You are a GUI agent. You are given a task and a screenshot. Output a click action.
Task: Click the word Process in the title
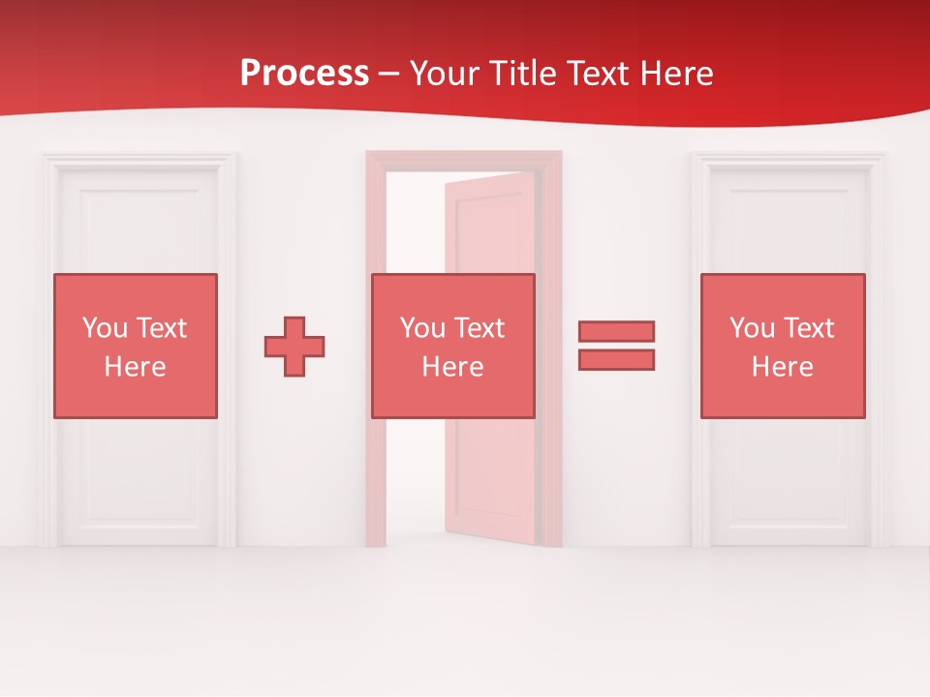coord(304,74)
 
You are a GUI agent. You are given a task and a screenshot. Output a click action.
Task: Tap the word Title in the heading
coord(519,74)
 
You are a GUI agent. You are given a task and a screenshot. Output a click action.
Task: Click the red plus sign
coord(294,347)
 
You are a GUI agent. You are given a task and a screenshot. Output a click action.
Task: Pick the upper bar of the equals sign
coord(616,331)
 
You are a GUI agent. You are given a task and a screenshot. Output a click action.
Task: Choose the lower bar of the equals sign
coord(616,360)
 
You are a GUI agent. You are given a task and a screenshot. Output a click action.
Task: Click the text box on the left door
coord(136,346)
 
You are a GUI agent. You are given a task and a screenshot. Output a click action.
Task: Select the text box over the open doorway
coord(453,346)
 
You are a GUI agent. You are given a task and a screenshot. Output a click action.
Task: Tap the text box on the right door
coord(783,346)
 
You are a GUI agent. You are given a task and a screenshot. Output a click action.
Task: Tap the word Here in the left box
coord(136,367)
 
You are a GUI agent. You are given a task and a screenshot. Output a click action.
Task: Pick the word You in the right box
coord(752,328)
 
